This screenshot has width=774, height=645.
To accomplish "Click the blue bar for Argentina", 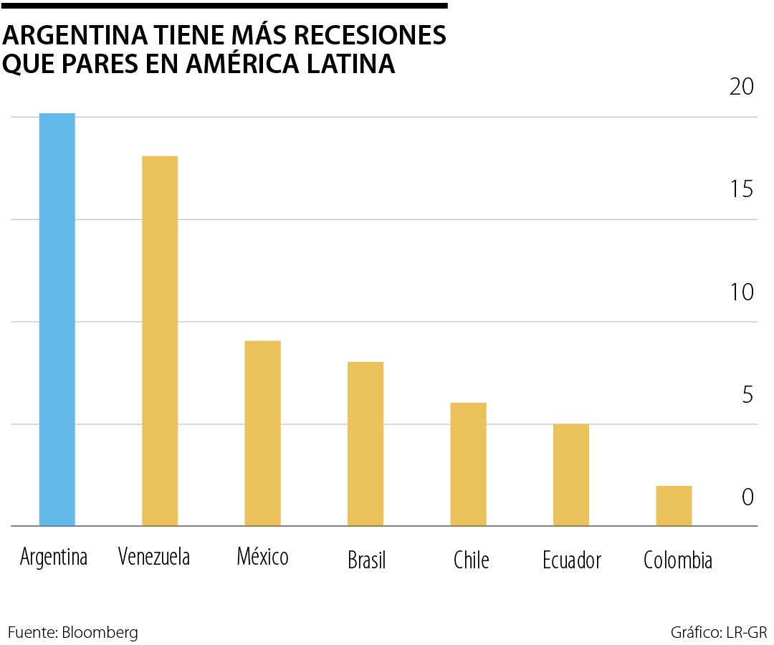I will click(x=57, y=320).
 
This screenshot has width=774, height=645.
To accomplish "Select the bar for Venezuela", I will click(x=160, y=341).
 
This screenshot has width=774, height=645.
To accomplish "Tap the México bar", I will click(x=262, y=433).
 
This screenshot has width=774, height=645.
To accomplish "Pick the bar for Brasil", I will click(x=365, y=444).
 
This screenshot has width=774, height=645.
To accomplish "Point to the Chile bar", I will click(x=469, y=464).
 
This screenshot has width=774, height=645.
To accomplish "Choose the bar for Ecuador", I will click(x=571, y=474).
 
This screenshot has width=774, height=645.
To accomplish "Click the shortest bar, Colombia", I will click(x=674, y=505).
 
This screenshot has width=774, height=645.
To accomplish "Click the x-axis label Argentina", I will click(x=54, y=558).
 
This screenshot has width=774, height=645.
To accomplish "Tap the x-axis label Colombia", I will click(x=678, y=560).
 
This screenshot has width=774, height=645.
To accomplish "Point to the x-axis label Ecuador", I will click(x=572, y=560).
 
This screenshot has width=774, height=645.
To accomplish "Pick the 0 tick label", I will click(x=747, y=497).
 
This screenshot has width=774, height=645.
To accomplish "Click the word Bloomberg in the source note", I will click(x=100, y=633).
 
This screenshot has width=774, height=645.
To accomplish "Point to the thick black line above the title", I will click(x=224, y=5).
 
